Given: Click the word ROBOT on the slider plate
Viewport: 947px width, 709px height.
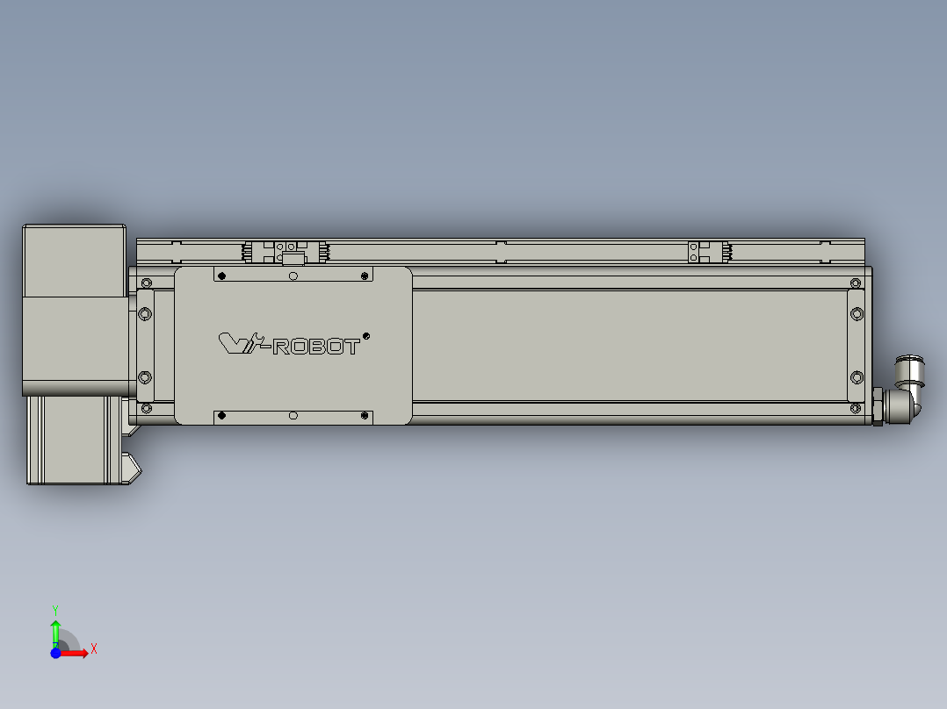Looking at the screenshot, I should (x=317, y=347).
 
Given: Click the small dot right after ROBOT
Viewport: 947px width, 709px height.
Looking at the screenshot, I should (x=366, y=334).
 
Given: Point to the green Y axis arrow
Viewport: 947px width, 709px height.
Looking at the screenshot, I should (x=55, y=630).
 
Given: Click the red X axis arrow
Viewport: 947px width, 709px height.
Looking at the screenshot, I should (x=76, y=652).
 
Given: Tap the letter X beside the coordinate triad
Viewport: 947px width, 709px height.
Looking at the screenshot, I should (x=94, y=649).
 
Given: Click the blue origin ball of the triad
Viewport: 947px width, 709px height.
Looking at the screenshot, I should (x=55, y=653).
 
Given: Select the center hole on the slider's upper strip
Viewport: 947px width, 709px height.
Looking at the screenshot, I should (x=293, y=276).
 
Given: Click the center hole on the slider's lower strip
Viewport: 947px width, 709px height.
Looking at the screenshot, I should (x=293, y=416).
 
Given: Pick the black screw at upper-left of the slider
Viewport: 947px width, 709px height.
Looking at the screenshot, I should (x=221, y=276).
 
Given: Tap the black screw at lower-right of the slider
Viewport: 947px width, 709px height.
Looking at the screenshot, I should (x=365, y=416).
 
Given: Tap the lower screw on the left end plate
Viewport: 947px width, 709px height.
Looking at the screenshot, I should (x=146, y=376).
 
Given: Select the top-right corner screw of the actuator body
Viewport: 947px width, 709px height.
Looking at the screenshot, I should (x=856, y=283).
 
